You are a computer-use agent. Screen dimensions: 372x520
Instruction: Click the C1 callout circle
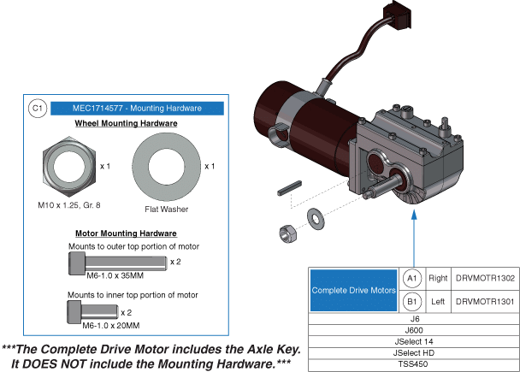[36, 109]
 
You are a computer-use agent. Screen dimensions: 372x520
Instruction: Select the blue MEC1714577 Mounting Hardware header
[137, 109]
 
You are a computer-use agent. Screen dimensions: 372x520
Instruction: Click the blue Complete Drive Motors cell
[353, 291]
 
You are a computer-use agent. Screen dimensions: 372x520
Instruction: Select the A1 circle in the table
[411, 279]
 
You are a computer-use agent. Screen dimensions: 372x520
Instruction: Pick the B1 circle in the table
[411, 302]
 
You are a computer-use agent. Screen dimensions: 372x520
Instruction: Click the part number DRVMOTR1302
[484, 279]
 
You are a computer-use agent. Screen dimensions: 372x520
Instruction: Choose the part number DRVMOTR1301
[484, 302]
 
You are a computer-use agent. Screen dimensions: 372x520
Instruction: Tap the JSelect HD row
[413, 352]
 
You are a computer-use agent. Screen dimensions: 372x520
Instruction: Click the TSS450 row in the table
[413, 363]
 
